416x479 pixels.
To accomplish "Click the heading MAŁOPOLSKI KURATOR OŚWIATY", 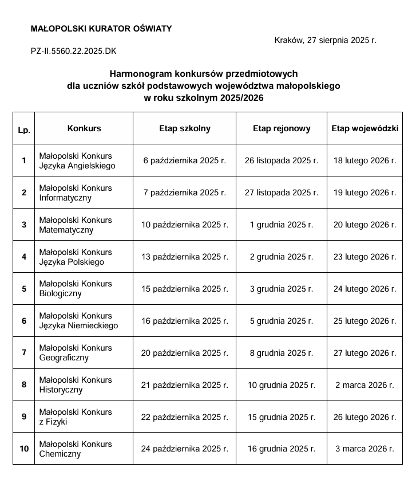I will point(101,29).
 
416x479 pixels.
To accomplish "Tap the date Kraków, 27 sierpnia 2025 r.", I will point(325,40).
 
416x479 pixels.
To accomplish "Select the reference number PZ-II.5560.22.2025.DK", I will point(73,51).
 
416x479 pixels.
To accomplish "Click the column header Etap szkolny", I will point(184,128).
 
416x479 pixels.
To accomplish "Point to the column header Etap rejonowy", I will point(281,128).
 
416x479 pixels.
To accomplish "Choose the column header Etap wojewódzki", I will point(365,128).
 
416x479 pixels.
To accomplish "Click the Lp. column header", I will point(23,130).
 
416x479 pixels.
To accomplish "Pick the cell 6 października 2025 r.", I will point(184,160).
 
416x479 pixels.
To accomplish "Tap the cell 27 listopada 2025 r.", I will point(281,193).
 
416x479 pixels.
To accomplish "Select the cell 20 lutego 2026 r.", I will point(365,225).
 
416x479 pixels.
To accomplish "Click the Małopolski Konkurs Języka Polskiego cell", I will point(76,257).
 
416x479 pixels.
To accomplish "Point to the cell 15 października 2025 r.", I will point(184,289).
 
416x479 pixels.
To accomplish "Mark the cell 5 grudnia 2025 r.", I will point(281,321).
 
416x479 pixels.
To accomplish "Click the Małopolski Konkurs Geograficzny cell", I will point(76,352).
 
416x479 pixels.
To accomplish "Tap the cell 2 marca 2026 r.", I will point(365,385).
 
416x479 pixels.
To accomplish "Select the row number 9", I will point(23,417).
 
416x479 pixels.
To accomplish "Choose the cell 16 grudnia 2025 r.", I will point(281,449).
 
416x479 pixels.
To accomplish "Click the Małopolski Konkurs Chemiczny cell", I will point(76,449).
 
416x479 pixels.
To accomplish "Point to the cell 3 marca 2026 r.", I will point(365,449).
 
